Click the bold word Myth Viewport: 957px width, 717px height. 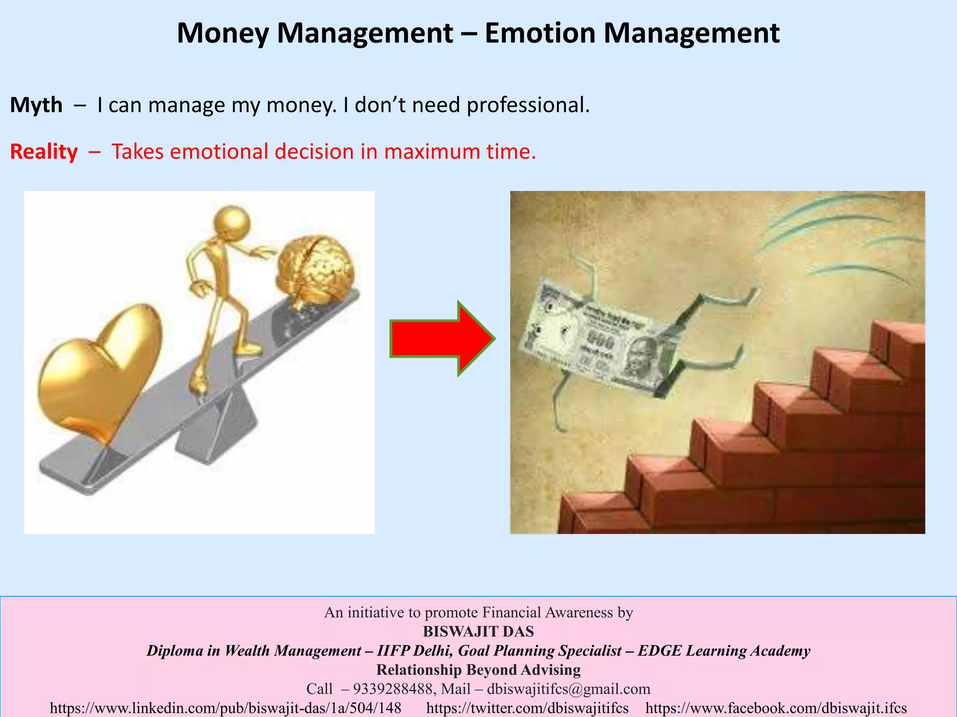pos(36,105)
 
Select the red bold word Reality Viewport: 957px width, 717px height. pos(44,152)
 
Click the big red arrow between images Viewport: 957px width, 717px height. pos(442,339)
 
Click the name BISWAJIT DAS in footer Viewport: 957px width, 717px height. pos(478,632)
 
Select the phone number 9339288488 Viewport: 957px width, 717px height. pos(392,689)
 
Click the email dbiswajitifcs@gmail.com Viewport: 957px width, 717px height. pos(568,689)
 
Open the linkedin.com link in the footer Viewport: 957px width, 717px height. pos(225,708)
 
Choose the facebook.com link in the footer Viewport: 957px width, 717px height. pos(776,708)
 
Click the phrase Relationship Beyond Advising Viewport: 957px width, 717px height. pos(478,670)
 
